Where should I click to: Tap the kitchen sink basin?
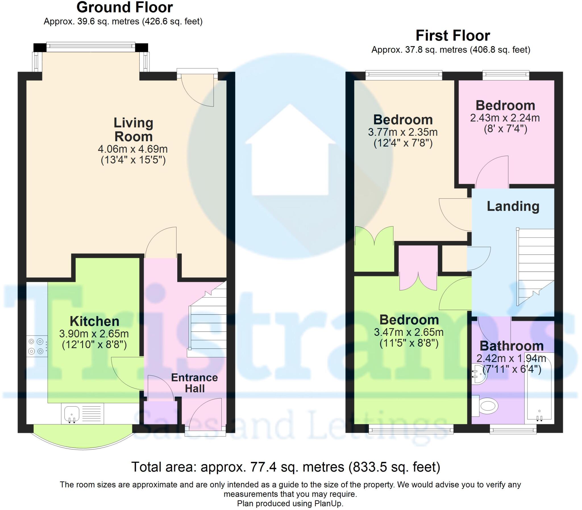point(72,413)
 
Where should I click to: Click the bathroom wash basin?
point(479,374)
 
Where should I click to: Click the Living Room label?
point(134,130)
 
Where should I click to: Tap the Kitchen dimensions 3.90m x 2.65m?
point(94,333)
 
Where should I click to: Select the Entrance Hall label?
point(195,383)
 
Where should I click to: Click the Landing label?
point(513,206)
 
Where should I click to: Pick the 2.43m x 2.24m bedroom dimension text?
point(505,118)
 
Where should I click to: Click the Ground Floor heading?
point(125,7)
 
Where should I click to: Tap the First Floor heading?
point(453,36)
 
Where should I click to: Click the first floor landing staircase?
point(535,267)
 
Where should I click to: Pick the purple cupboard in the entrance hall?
point(161,412)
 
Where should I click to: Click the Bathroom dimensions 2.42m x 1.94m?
point(512,358)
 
